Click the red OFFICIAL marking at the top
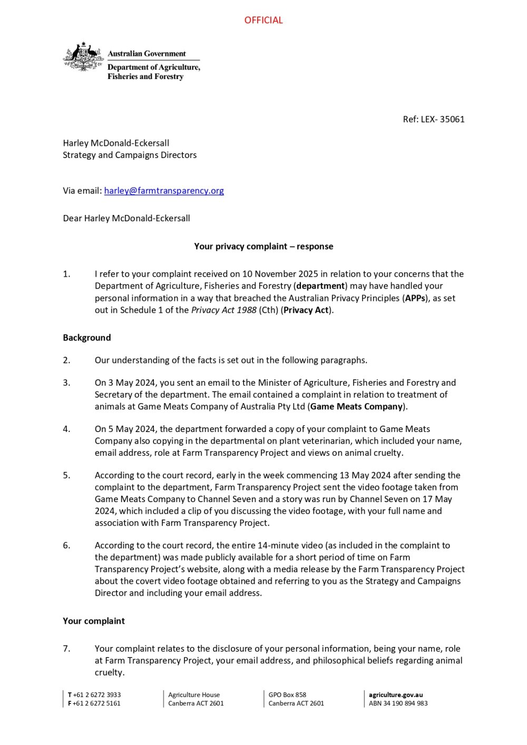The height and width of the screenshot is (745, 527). [x=263, y=20]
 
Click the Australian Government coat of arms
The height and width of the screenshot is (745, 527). [x=83, y=57]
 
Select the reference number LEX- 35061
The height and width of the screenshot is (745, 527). [x=443, y=119]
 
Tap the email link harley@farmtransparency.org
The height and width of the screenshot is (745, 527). [x=164, y=191]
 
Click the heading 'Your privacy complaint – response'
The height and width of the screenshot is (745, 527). [x=263, y=246]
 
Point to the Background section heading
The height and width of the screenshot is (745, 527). [x=87, y=338]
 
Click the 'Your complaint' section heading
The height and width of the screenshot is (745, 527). [x=94, y=621]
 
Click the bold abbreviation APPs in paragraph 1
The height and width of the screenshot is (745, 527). [x=415, y=298]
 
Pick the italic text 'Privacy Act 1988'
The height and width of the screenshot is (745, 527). [x=223, y=310]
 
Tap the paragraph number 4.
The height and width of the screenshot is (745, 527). [x=66, y=429]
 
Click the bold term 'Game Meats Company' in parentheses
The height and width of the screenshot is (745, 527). [x=357, y=406]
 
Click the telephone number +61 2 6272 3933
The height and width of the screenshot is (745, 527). [x=97, y=695]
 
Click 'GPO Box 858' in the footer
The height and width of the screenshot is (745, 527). [x=287, y=695]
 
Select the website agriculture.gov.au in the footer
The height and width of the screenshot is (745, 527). [x=396, y=695]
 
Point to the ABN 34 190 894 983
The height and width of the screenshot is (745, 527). [x=398, y=703]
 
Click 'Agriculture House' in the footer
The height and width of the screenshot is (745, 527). [x=194, y=695]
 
